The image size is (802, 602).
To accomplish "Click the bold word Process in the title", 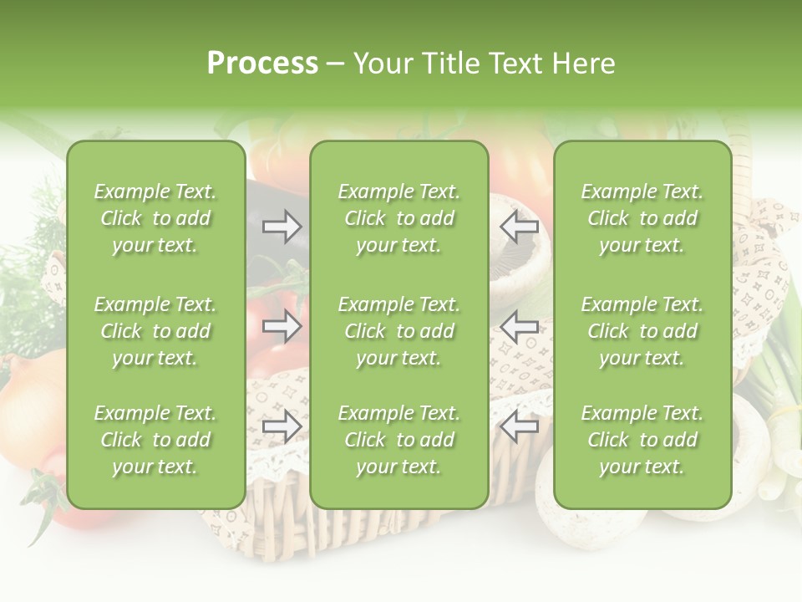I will pos(262,64).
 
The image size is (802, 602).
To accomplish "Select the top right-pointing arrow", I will pos(282,226).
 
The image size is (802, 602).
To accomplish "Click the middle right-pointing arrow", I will pos(282,326).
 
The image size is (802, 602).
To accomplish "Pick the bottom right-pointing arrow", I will pos(282,426).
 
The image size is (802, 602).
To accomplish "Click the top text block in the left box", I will pos(155,218).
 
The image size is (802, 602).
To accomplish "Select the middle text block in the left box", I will pos(155,331).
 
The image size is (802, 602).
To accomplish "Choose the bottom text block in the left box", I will pos(155,440).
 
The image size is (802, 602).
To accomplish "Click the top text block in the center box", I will pos(398,218).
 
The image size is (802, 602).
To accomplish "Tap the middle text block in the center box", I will pos(398,331).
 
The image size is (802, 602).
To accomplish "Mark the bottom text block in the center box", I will pos(398,440).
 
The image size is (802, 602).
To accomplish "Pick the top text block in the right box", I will pos(642,218).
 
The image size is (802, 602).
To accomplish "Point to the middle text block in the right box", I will pos(642,331).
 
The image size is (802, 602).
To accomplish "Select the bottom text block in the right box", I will pos(642,440).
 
